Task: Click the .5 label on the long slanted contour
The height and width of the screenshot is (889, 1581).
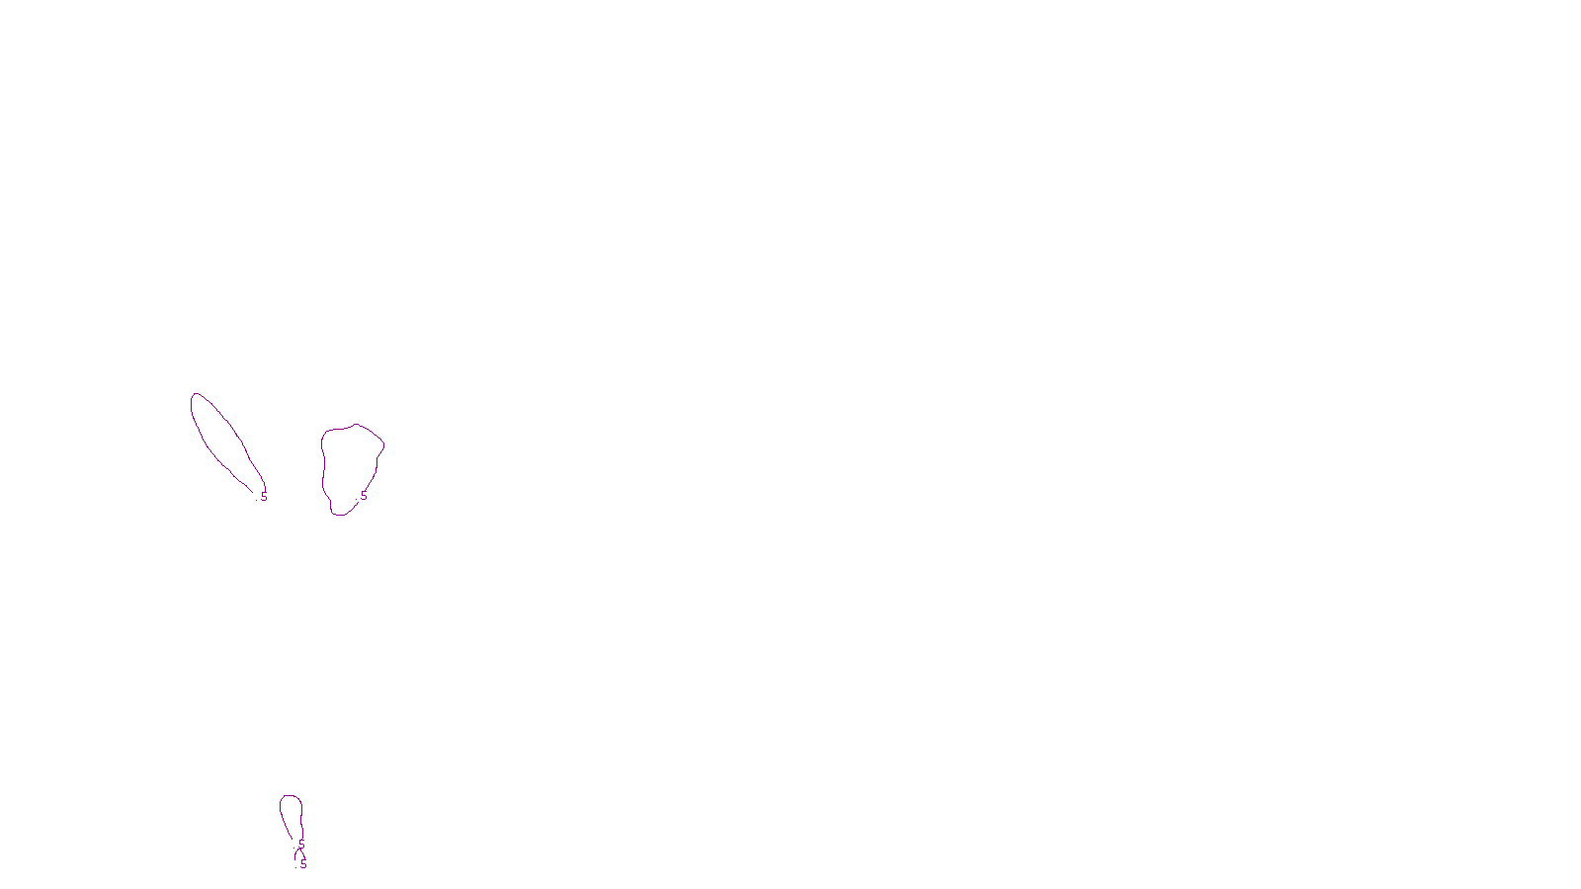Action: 264,496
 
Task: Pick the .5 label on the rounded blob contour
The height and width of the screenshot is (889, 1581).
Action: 363,496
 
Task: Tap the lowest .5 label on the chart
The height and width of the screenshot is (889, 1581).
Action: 303,864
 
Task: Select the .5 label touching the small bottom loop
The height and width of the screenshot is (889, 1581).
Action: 301,846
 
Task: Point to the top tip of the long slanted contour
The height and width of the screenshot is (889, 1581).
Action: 195,394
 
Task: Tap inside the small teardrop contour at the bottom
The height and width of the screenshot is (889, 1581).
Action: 291,815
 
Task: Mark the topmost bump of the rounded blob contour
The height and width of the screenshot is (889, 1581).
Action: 356,425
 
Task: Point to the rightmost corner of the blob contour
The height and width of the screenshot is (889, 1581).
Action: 384,444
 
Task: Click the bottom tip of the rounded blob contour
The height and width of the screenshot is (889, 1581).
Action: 338,515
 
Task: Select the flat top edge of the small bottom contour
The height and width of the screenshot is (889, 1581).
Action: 291,796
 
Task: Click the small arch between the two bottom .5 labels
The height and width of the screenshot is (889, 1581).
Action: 297,853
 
